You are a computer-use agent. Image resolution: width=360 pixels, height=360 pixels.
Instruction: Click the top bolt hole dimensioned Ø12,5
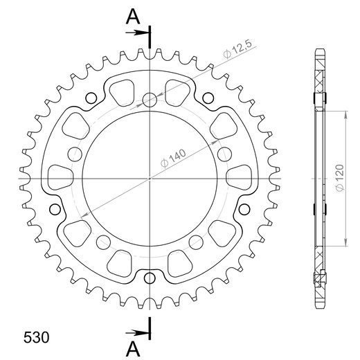click(x=150, y=99)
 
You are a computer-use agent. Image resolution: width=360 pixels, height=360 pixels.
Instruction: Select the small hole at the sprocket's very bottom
click(x=150, y=278)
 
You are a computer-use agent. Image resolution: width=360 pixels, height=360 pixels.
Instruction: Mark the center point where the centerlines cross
click(x=150, y=179)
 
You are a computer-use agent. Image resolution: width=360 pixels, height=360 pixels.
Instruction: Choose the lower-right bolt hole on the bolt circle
click(x=197, y=241)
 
